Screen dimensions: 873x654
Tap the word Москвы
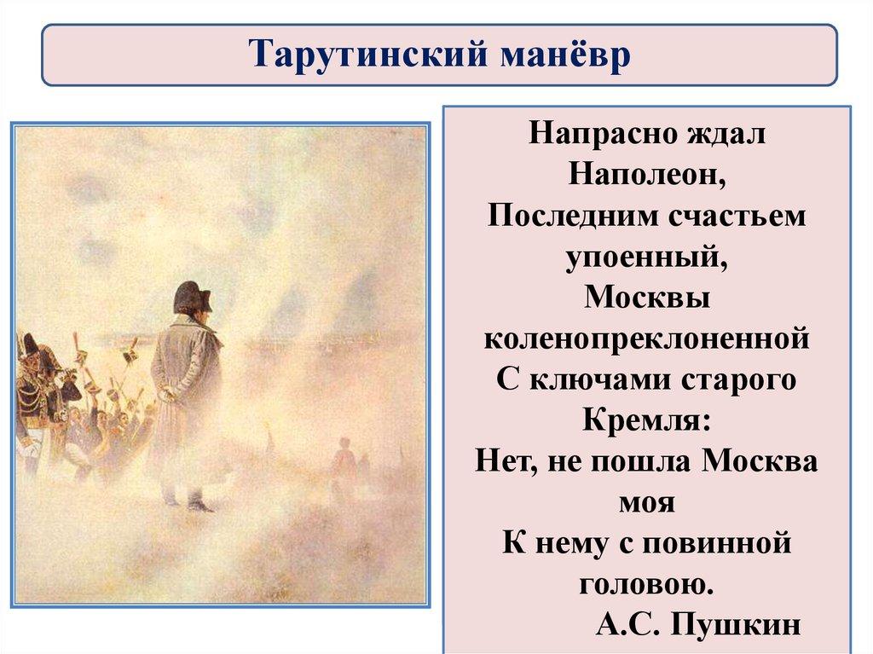coord(647,298)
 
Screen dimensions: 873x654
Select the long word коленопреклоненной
coord(646,339)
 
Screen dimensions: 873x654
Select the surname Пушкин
coord(736,625)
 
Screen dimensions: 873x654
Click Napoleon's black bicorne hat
coord(193,297)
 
